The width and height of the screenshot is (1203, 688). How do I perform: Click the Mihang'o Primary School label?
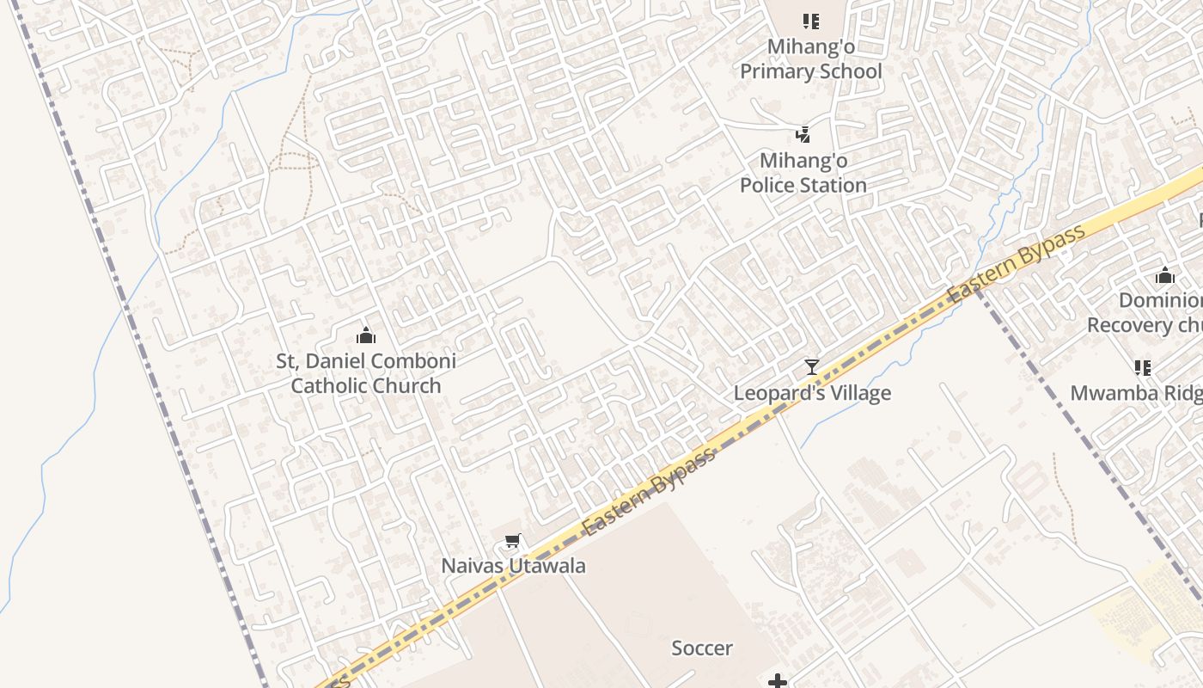click(811, 58)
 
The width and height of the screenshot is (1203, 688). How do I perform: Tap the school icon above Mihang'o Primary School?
click(811, 21)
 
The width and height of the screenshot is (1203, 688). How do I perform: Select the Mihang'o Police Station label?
click(803, 173)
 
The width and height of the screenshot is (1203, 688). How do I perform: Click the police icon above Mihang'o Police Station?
click(803, 134)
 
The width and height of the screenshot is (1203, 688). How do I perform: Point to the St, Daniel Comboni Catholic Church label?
click(366, 373)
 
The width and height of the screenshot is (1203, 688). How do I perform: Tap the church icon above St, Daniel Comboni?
click(366, 335)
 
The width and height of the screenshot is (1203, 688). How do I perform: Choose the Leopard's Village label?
click(812, 393)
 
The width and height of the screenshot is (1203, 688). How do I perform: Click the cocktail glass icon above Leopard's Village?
click(812, 367)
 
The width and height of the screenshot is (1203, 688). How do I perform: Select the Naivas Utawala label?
click(513, 566)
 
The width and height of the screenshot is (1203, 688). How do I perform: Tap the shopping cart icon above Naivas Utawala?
click(513, 541)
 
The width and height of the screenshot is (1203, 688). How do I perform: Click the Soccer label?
click(702, 648)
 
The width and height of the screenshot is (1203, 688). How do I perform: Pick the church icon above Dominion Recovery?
click(1165, 276)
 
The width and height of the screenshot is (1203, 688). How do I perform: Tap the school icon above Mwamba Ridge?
click(1143, 368)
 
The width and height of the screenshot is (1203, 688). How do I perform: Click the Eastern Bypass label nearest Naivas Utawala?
click(650, 492)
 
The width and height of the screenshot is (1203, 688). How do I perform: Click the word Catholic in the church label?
click(331, 385)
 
